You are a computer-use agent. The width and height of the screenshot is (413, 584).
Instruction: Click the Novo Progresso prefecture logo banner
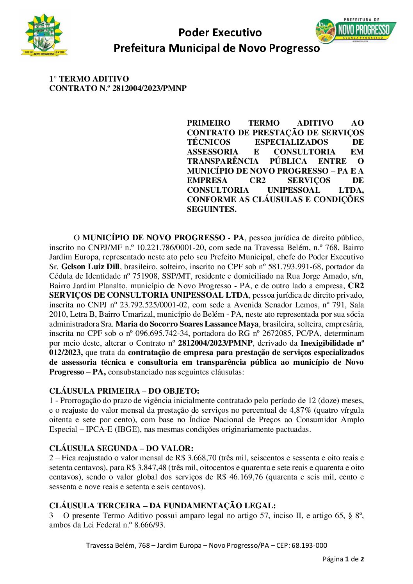pyautogui.click(x=355, y=30)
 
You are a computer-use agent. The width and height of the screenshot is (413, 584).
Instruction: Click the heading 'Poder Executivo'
pyautogui.click(x=220, y=32)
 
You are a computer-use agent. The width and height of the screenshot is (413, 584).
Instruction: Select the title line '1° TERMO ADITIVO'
pyautogui.click(x=89, y=79)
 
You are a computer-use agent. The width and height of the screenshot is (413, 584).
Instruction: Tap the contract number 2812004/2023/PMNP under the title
pyautogui.click(x=150, y=89)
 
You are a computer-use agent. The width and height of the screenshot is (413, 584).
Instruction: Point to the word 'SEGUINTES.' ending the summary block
pyautogui.click(x=212, y=209)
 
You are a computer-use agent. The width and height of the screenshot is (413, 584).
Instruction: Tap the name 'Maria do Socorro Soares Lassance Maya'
pyautogui.click(x=187, y=324)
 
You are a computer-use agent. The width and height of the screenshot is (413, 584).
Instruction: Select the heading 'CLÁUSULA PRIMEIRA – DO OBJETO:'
pyautogui.click(x=124, y=391)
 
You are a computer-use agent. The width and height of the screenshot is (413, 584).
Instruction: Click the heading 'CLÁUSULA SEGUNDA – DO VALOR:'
pyautogui.click(x=121, y=448)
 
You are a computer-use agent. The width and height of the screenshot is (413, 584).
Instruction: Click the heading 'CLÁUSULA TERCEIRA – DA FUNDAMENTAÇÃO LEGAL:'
pyautogui.click(x=162, y=506)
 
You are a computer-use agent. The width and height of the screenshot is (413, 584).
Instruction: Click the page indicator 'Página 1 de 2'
pyautogui.click(x=343, y=559)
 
